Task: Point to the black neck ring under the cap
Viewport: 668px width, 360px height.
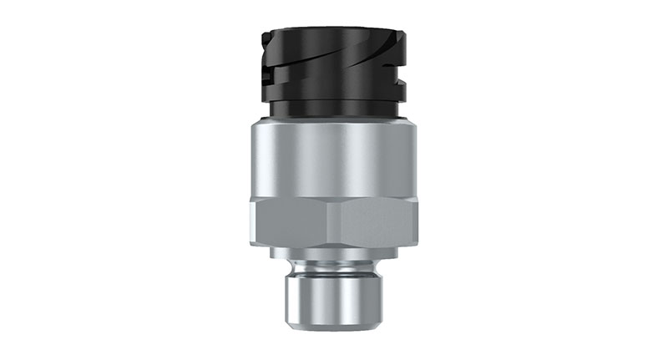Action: [x=334, y=109]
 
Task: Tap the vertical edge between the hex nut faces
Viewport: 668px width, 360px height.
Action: [x=327, y=221]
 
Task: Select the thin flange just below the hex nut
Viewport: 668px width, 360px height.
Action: [x=334, y=251]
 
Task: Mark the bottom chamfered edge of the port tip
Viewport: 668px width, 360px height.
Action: [x=334, y=327]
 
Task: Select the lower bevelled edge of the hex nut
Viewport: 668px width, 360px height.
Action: [x=334, y=242]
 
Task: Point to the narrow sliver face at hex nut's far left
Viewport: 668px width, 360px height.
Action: [x=252, y=221]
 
